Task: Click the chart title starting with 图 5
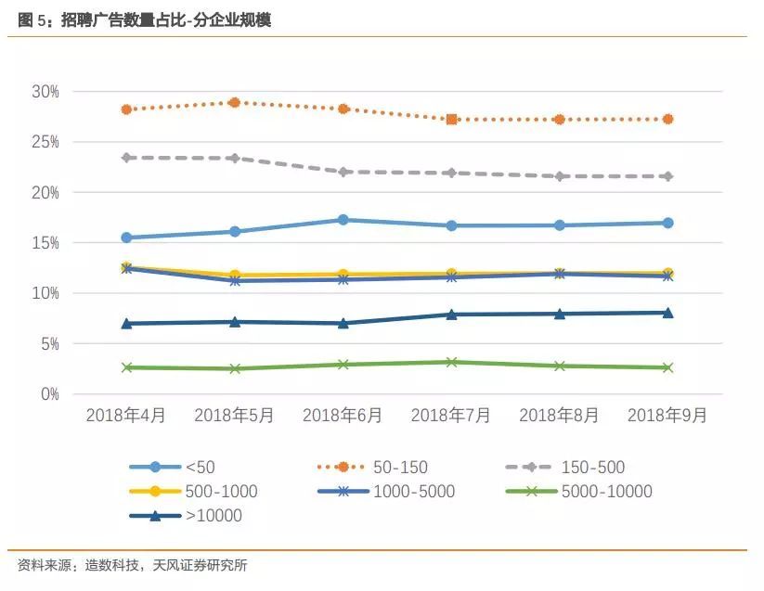click(144, 19)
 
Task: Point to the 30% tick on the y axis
click(45, 92)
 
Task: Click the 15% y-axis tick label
click(45, 243)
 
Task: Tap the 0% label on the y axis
click(50, 394)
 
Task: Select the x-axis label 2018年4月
click(126, 416)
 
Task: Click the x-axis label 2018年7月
click(451, 416)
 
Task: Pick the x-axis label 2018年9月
click(667, 416)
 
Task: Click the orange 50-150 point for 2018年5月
click(235, 102)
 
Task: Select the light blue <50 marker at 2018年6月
click(343, 220)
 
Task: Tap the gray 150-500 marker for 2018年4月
click(126, 158)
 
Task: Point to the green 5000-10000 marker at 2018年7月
click(451, 362)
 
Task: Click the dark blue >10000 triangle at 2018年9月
click(667, 313)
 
